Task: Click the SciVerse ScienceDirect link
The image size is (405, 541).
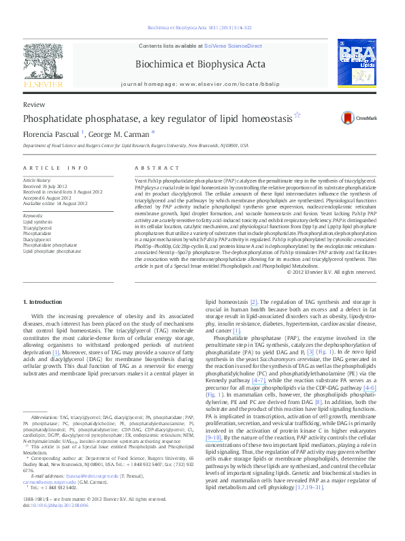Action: pyautogui.click(x=233, y=45)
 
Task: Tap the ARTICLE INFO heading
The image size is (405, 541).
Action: pyautogui.click(x=56, y=167)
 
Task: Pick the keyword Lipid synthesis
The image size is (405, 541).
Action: pyautogui.click(x=37, y=222)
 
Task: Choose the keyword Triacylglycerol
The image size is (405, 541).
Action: pyautogui.click(x=38, y=228)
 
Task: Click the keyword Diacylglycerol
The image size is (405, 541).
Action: pyautogui.click(x=37, y=240)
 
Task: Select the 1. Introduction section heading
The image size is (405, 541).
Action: pyautogui.click(x=45, y=301)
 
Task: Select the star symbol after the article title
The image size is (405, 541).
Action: pyautogui.click(x=296, y=116)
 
